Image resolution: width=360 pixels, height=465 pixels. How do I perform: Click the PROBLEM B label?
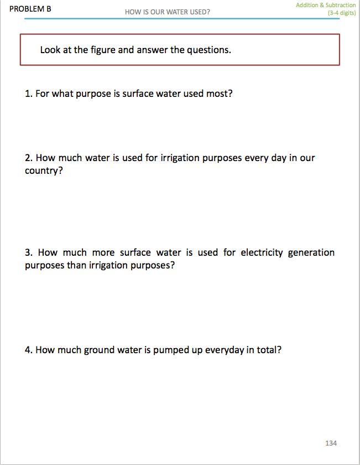tap(30, 8)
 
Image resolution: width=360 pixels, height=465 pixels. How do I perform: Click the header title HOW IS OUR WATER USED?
tap(168, 12)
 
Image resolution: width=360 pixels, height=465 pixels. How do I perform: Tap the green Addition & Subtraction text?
tap(326, 5)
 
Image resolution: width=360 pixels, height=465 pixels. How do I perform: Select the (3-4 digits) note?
tap(341, 13)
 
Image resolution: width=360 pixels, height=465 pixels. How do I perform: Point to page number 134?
tap(331, 443)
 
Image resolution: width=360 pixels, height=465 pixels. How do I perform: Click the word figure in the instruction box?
tap(103, 50)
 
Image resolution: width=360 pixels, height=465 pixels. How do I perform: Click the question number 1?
tap(28, 94)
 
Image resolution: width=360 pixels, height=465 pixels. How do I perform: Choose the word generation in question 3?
tap(311, 252)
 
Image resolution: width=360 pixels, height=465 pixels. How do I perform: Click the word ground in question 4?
tap(99, 350)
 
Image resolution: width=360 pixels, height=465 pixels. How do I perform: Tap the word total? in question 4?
tap(269, 350)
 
